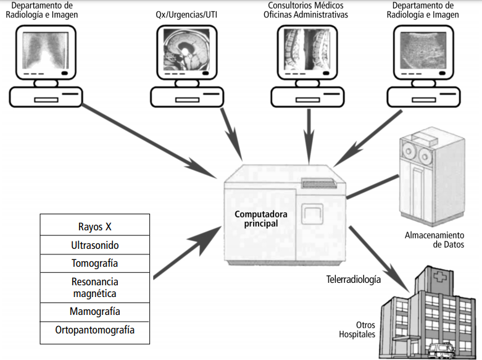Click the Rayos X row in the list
(x=94, y=225)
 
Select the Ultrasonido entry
(x=94, y=245)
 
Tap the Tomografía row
(x=94, y=264)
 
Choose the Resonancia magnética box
(x=94, y=288)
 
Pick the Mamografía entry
(x=94, y=311)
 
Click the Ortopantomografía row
(x=94, y=330)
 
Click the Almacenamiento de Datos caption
(x=434, y=240)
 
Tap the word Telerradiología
(x=353, y=279)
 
